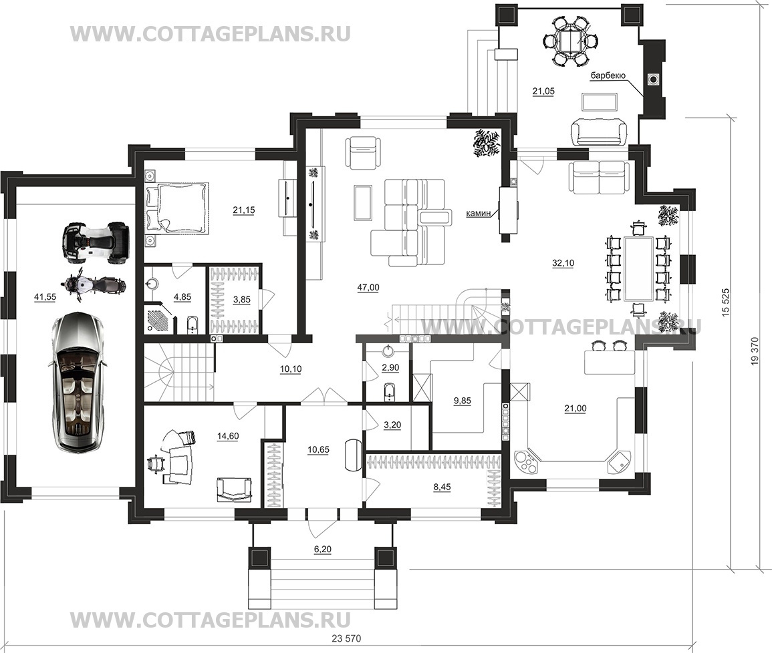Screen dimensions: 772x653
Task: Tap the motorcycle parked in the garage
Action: tap(92, 285)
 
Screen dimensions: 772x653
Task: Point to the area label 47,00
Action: tap(368, 288)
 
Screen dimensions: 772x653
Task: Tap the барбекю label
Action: tap(608, 75)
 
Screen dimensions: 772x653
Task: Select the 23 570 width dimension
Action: tap(346, 639)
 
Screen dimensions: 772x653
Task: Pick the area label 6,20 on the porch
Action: tap(322, 550)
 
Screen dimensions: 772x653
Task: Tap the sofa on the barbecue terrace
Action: tap(599, 132)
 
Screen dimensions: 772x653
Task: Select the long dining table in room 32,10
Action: tap(638, 268)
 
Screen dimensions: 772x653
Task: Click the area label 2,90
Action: tap(390, 368)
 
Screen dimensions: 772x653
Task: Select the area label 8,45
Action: tap(442, 487)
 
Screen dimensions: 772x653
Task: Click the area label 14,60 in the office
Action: tap(227, 436)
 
